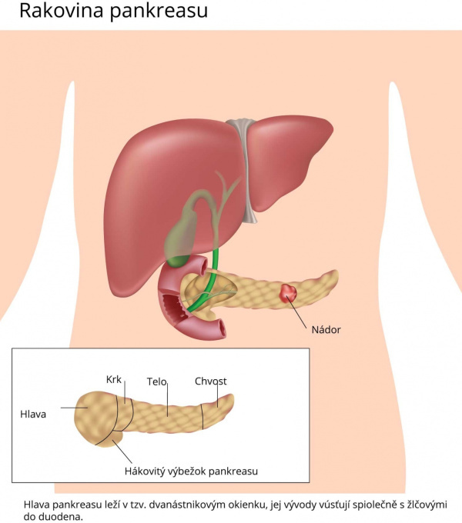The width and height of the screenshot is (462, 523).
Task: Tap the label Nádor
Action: tap(326, 330)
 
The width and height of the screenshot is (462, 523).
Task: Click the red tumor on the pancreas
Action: tap(288, 293)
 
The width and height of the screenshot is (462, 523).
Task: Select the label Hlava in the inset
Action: tap(33, 415)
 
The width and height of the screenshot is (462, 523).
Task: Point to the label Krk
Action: tap(114, 380)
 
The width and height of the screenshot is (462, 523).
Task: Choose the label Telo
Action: tap(156, 381)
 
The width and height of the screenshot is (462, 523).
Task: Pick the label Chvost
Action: tap(211, 381)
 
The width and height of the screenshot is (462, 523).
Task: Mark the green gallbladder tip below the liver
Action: tap(179, 260)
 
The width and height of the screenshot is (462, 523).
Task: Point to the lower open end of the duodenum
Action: tap(219, 328)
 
